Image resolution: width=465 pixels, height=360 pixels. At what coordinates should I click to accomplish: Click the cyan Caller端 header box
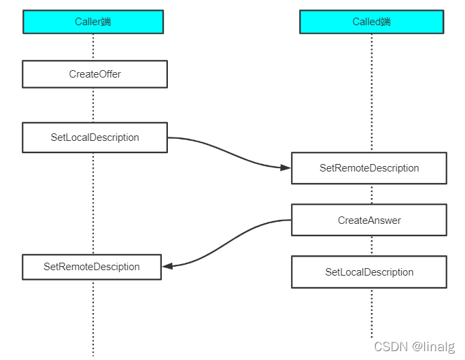click(93, 22)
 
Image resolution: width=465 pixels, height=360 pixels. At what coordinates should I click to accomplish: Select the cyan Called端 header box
click(371, 22)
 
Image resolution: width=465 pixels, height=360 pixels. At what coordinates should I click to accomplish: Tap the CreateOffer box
click(94, 74)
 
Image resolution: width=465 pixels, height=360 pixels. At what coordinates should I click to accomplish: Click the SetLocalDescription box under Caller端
click(94, 137)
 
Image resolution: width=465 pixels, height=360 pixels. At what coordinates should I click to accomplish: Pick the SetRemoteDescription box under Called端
click(369, 168)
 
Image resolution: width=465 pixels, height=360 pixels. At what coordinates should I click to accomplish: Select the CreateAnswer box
click(369, 220)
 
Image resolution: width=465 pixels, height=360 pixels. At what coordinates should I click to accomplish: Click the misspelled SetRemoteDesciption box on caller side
click(92, 267)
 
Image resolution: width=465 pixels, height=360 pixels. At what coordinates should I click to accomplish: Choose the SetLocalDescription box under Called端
click(369, 272)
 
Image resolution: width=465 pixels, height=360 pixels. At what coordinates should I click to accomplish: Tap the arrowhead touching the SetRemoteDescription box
click(286, 167)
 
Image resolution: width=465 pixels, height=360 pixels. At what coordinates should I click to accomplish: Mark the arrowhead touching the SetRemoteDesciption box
click(168, 266)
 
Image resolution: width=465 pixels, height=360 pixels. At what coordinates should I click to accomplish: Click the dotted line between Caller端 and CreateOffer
click(93, 47)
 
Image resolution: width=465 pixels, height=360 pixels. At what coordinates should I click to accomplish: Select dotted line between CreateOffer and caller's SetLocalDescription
click(93, 105)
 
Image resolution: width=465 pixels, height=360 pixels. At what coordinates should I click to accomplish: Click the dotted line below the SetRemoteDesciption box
click(93, 316)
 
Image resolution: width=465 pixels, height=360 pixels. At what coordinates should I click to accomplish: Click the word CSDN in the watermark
click(391, 346)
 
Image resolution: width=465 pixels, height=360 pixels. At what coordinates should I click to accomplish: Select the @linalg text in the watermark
click(435, 346)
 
